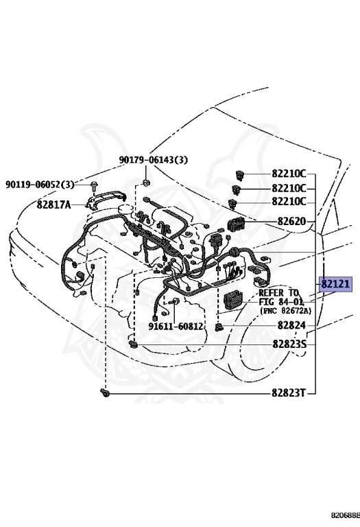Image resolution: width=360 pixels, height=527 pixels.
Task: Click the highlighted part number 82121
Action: [335, 284]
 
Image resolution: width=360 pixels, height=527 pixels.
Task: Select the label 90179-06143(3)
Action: [154, 160]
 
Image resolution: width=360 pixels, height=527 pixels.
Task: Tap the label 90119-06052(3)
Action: [40, 184]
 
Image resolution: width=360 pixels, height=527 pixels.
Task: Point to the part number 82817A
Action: [53, 204]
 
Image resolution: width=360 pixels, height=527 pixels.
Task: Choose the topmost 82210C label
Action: [289, 174]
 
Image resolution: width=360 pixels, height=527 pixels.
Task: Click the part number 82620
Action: [291, 222]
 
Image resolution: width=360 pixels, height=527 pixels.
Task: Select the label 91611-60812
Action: [176, 326]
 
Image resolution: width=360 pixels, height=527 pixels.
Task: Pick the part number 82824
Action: [291, 325]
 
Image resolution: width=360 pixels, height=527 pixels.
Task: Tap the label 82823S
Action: [289, 344]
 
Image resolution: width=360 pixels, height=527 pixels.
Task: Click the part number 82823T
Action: [289, 393]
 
